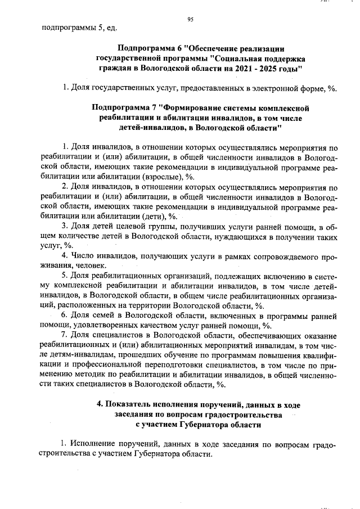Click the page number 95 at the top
point(190,20)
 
